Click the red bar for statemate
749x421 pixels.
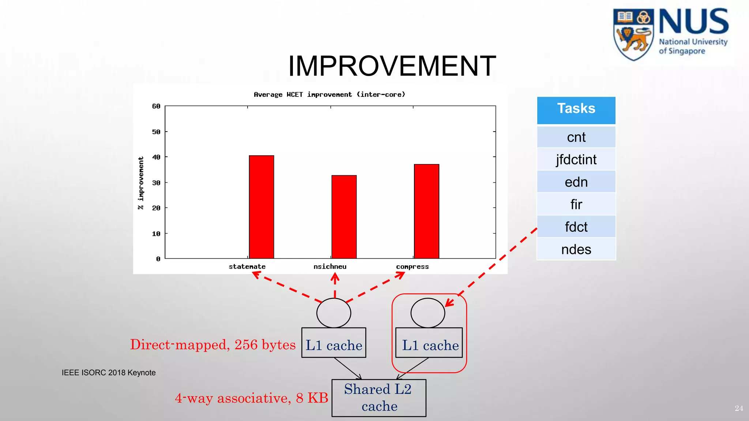[261, 207]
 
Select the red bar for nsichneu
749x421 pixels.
[344, 217]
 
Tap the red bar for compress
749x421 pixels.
[426, 212]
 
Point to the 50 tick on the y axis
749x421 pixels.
[156, 132]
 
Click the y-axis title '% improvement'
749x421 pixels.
[141, 183]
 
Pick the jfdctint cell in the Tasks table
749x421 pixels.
[576, 160]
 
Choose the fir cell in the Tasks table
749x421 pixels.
[576, 205]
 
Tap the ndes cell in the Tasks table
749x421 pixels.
[576, 250]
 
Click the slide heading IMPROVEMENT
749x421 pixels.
[392, 66]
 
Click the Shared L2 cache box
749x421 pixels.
[379, 398]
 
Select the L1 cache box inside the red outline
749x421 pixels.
[429, 343]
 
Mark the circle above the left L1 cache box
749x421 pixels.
[334, 313]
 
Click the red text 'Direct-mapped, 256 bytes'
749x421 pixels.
[213, 345]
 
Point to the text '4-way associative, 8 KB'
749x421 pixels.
[251, 398]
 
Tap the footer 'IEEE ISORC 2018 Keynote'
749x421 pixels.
[109, 373]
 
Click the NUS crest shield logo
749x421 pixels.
[633, 34]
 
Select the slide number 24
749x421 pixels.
[738, 408]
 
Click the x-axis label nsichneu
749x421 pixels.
[330, 267]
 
